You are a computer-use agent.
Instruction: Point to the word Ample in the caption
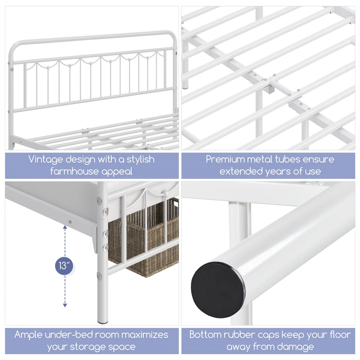pos(28,335)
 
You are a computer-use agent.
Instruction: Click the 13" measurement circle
pos(64,266)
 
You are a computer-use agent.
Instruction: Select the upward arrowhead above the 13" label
pos(65,228)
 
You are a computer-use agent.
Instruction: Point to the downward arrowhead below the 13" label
pos(65,305)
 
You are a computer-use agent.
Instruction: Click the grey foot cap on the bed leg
pos(103,322)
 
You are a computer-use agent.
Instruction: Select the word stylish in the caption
pos(141,159)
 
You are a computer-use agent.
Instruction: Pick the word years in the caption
pos(278,172)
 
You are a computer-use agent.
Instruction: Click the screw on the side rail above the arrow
pos(70,222)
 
